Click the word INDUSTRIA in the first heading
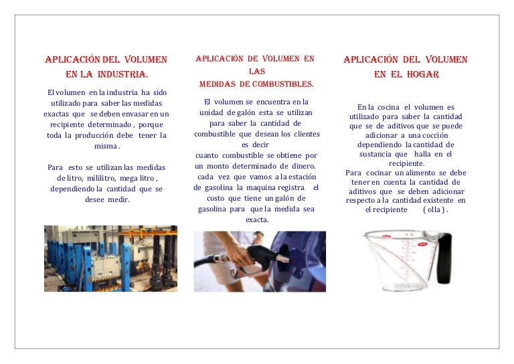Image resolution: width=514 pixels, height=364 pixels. [x=123, y=74]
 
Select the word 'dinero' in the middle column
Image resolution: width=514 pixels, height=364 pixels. [x=300, y=166]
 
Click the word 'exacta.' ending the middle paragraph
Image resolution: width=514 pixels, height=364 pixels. [x=257, y=219]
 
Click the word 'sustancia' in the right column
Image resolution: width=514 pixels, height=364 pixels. [x=376, y=154]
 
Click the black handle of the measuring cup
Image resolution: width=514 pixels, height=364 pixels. [x=443, y=258]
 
